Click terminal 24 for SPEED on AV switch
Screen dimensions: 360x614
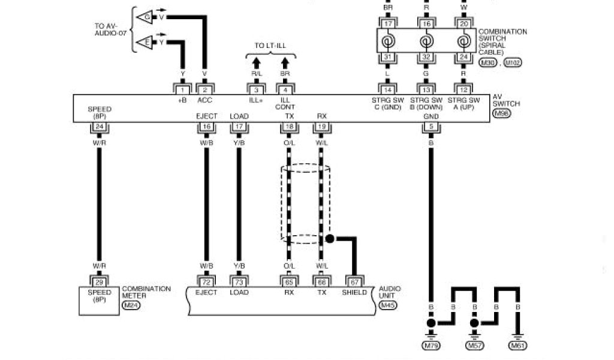point(100,127)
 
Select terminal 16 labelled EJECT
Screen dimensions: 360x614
point(206,127)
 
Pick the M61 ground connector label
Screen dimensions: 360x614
point(517,346)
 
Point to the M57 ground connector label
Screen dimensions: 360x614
point(474,346)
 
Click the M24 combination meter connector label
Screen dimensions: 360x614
point(130,305)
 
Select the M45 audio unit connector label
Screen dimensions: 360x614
point(388,305)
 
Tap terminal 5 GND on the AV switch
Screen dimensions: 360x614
point(431,127)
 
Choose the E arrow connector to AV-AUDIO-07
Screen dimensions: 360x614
point(143,43)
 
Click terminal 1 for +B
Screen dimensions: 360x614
point(182,89)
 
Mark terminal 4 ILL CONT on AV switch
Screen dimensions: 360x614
point(285,89)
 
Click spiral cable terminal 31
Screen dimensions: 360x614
point(387,58)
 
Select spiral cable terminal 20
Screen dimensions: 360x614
point(463,24)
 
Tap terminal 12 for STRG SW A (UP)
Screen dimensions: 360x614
point(463,89)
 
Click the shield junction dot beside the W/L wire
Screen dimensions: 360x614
point(329,239)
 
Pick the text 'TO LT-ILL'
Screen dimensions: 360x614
point(271,46)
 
